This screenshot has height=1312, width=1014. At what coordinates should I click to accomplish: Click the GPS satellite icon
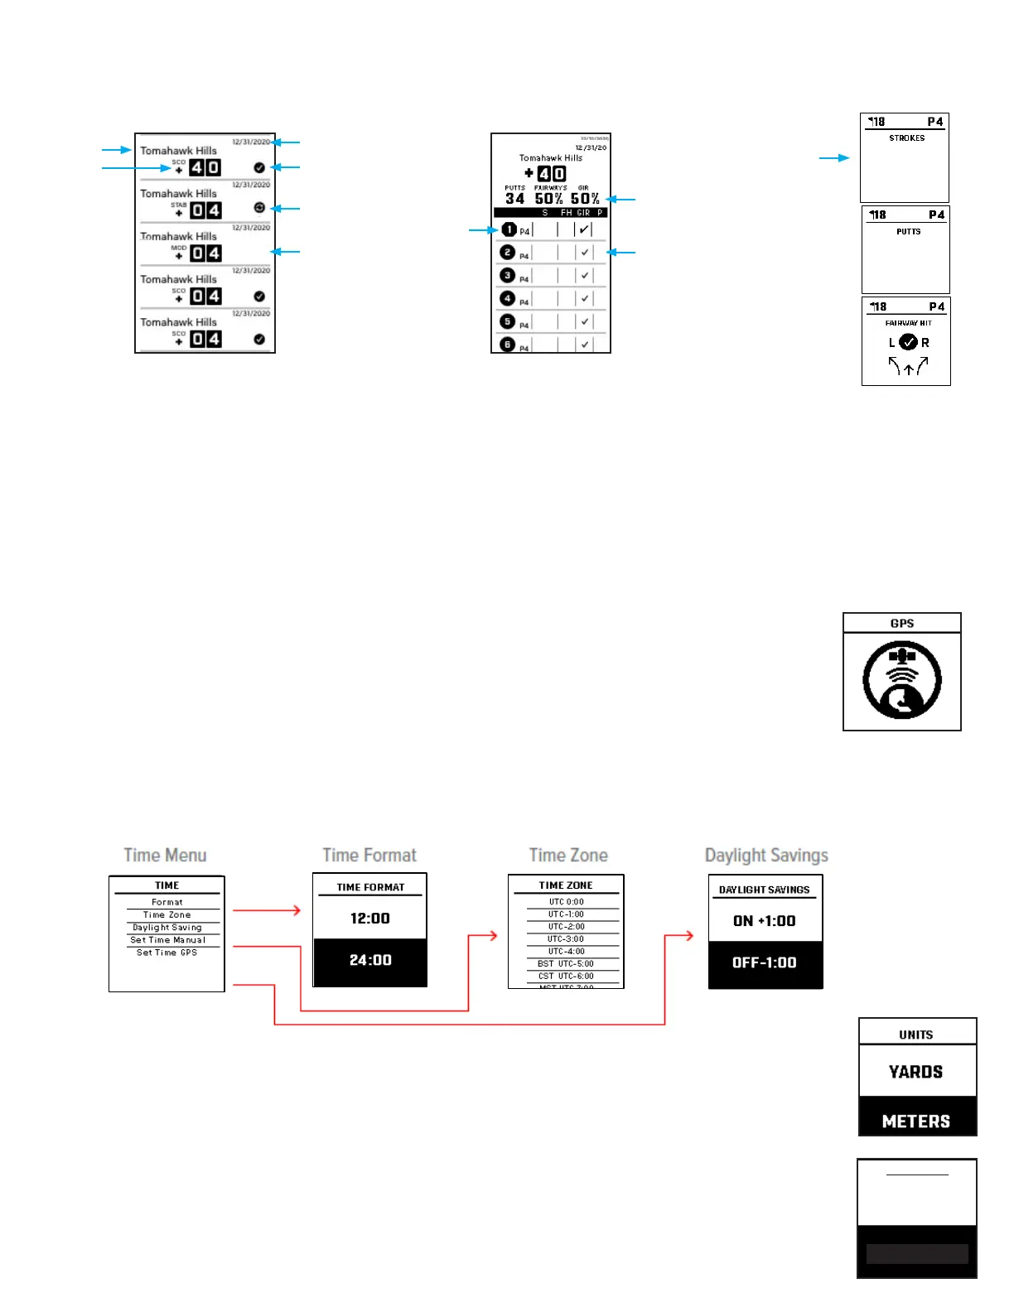tap(901, 680)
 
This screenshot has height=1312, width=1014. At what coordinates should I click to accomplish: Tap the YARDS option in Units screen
tap(915, 1072)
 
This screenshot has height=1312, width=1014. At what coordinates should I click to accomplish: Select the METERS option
tap(915, 1121)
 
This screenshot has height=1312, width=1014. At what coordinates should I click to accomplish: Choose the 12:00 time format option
tap(369, 918)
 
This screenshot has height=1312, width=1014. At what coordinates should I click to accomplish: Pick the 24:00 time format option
tap(369, 960)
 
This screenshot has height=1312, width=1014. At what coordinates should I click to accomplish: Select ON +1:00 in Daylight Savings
tap(764, 920)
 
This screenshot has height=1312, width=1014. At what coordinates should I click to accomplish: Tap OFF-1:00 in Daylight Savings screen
tap(764, 962)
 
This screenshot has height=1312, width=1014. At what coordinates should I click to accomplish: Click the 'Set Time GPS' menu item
tap(167, 953)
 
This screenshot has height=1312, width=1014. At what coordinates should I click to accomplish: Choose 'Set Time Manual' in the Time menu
tap(167, 940)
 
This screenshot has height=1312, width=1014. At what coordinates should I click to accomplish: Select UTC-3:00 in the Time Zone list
tap(566, 938)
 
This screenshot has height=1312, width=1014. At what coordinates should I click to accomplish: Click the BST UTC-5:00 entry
tap(566, 963)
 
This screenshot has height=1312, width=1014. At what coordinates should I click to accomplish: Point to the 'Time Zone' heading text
tap(568, 855)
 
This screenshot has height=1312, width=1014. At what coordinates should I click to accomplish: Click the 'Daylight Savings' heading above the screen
tap(766, 855)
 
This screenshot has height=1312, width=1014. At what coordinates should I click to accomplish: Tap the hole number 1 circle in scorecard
tap(509, 229)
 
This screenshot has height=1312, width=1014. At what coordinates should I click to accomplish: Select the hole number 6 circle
tap(508, 344)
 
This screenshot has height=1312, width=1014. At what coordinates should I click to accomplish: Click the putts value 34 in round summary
tap(514, 199)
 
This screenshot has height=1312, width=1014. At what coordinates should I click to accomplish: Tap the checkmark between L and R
tap(908, 342)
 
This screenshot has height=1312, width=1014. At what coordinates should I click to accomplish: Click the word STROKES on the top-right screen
tap(906, 138)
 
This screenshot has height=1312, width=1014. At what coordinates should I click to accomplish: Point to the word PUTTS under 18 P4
tap(908, 232)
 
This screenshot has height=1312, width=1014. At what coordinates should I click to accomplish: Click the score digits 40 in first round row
tap(205, 167)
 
